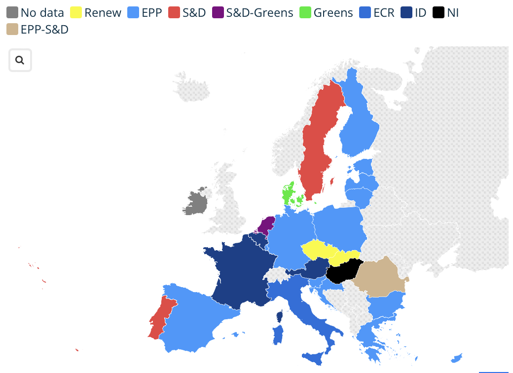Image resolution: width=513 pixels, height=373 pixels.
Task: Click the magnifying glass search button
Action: pyautogui.click(x=20, y=60)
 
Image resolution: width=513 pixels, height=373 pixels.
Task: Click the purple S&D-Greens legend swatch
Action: pyautogui.click(x=218, y=13)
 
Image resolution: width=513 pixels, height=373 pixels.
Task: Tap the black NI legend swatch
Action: pyautogui.click(x=439, y=13)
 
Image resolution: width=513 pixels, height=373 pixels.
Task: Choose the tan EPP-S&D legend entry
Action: pyautogui.click(x=12, y=30)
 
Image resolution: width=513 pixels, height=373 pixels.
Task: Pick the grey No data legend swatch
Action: pyautogui.click(x=12, y=13)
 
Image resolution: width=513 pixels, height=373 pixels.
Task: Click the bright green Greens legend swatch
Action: pyautogui.click(x=304, y=13)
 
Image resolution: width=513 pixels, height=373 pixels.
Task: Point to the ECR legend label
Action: pyautogui.click(x=384, y=13)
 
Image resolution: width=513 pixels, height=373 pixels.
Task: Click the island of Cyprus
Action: pyautogui.click(x=457, y=357)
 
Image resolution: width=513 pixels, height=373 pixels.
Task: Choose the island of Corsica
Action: pyautogui.click(x=280, y=316)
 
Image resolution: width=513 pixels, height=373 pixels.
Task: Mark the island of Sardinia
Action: pyautogui.click(x=277, y=336)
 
